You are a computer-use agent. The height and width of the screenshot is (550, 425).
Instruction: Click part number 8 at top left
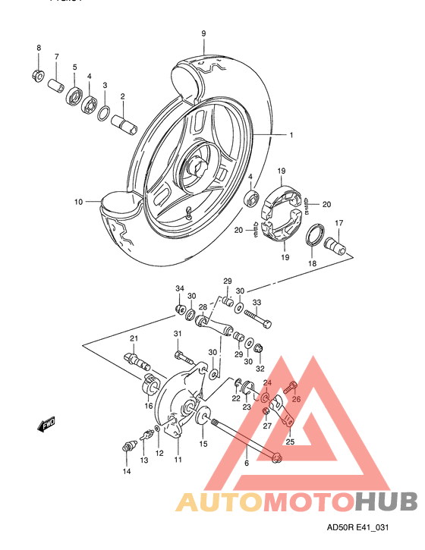coord(39,49)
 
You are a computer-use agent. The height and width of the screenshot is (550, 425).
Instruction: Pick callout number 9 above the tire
coord(203,33)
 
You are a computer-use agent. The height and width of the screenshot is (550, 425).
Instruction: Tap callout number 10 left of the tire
coord(78,202)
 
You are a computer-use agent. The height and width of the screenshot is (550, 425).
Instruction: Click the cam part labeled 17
coord(335,246)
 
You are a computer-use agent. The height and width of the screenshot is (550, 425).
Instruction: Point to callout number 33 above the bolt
coord(257,303)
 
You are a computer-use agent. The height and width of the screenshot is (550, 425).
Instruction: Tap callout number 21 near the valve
coord(133,338)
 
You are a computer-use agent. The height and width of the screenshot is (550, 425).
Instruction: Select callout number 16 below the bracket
coord(149,406)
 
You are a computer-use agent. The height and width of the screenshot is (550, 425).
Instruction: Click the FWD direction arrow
coord(49,426)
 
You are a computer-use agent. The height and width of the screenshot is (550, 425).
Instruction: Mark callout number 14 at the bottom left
coord(127,471)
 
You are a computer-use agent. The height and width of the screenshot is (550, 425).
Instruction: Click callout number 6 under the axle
coord(246,463)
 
